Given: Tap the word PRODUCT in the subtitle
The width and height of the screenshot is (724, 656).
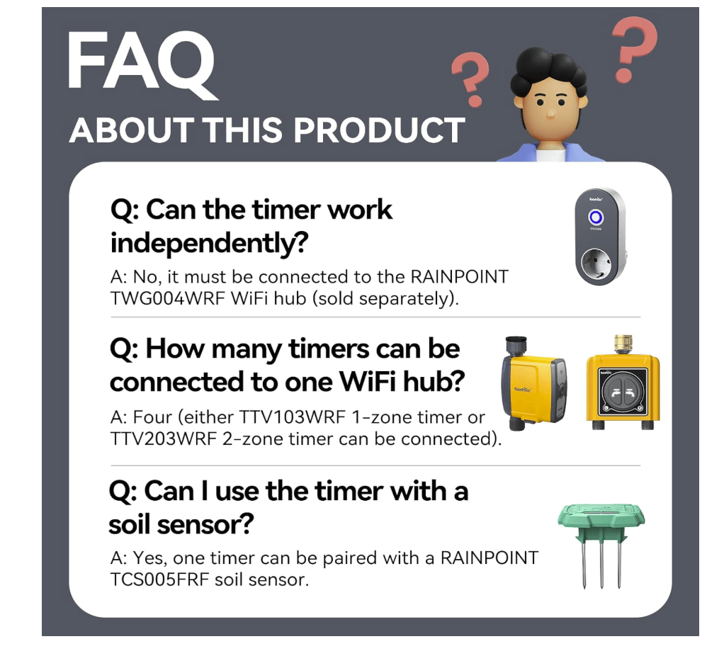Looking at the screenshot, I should point(378,130).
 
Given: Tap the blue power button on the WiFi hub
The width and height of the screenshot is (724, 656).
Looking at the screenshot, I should point(596,217).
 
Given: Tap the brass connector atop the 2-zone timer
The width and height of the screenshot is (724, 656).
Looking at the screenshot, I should point(623,345).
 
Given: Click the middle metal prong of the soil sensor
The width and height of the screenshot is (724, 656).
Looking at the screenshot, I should point(601,563).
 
